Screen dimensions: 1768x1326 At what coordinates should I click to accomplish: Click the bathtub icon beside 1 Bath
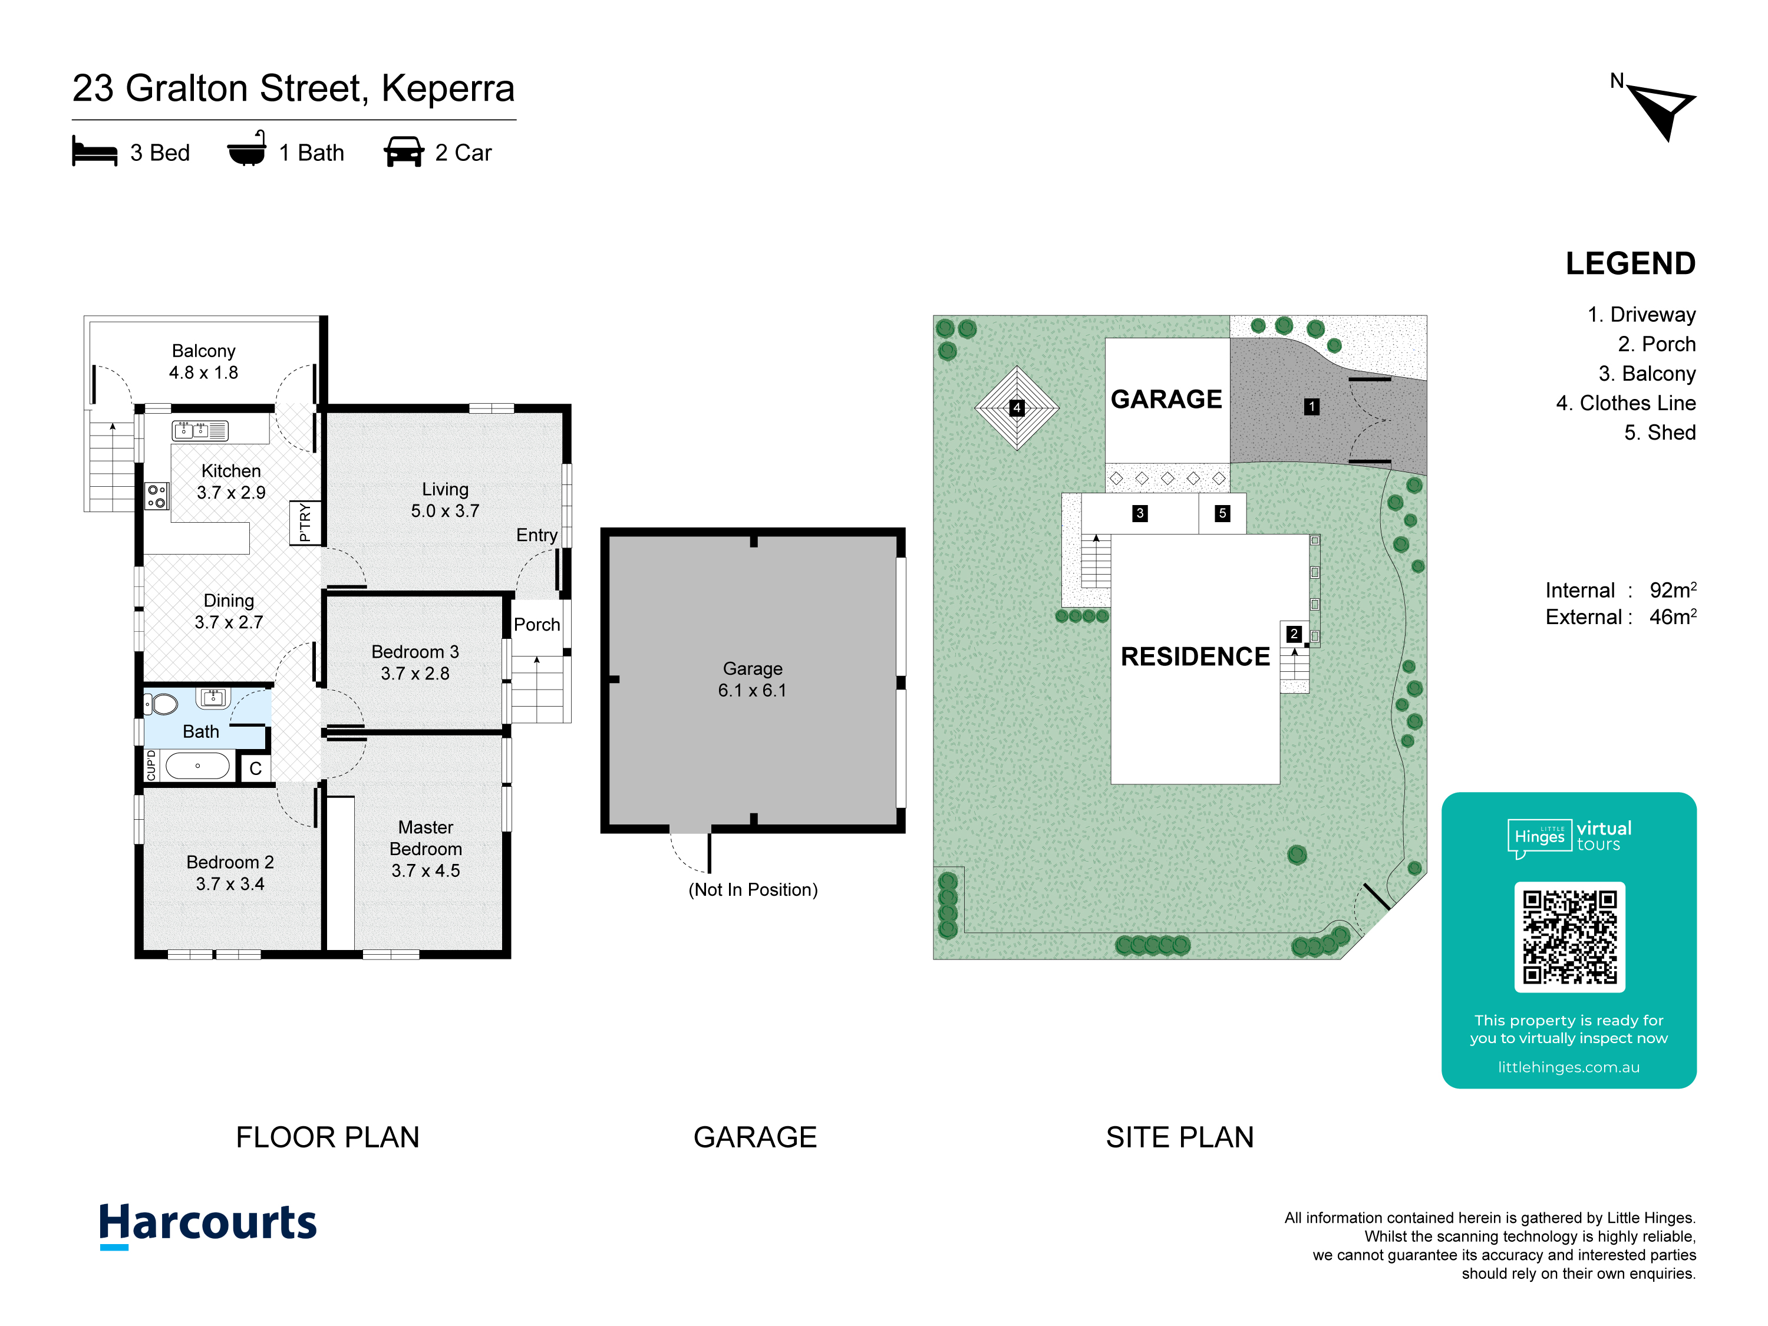point(247,149)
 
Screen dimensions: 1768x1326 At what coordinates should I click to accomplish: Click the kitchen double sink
point(200,431)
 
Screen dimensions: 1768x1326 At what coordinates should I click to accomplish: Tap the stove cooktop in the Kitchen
point(157,496)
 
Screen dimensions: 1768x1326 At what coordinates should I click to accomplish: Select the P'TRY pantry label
point(305,523)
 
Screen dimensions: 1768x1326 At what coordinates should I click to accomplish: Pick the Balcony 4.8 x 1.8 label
point(204,361)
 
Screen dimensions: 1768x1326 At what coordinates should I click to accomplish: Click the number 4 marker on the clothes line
point(1017,408)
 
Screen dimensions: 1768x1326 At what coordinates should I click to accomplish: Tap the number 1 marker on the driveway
point(1312,407)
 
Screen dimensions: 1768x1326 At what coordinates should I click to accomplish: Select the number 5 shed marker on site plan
point(1222,513)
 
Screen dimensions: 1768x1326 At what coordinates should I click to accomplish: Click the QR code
point(1570,937)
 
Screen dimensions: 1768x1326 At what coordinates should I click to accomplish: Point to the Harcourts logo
point(208,1225)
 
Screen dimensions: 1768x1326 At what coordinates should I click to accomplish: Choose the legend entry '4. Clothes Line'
point(1626,403)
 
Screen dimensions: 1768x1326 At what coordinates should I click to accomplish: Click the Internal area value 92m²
point(1673,590)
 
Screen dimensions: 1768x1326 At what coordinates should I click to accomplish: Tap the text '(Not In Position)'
point(753,889)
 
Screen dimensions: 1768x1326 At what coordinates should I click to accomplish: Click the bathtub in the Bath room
point(197,766)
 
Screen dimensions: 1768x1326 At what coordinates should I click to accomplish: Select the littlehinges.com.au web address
point(1569,1067)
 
